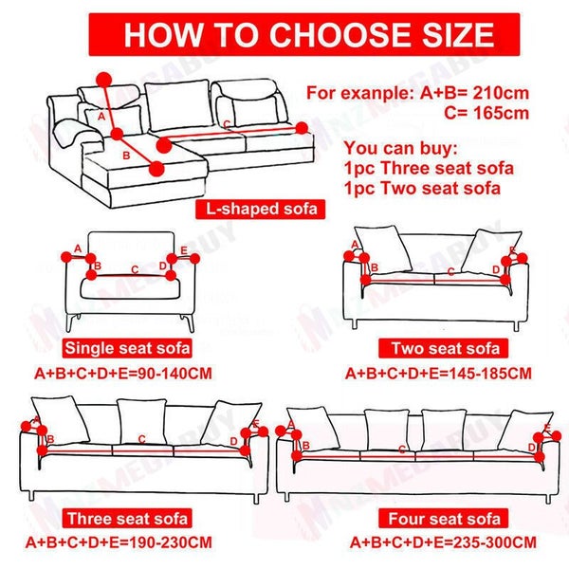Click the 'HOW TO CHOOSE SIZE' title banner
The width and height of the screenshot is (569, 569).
[x=309, y=34]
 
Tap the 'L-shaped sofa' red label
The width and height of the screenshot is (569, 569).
[x=257, y=209]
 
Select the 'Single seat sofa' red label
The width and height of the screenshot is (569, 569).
[x=126, y=346]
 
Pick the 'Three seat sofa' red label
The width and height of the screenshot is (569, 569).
[x=127, y=519]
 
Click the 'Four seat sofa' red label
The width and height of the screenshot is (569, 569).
[x=443, y=519]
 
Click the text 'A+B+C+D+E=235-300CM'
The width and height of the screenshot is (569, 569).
[x=443, y=543]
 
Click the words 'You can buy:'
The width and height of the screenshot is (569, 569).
[x=401, y=149]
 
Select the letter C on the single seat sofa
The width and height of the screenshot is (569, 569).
[x=135, y=269]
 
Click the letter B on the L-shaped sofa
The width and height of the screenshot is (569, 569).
[x=127, y=152]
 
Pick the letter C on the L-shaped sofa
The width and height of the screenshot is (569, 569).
[x=226, y=124]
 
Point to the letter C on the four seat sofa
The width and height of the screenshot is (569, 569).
[x=403, y=448]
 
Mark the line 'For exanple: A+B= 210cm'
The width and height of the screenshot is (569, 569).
[x=418, y=93]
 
